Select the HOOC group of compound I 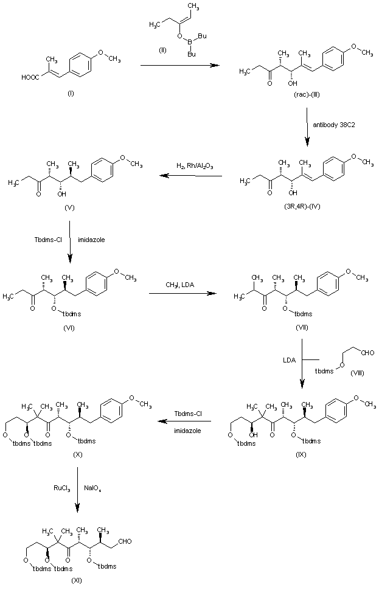tap(29, 77)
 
